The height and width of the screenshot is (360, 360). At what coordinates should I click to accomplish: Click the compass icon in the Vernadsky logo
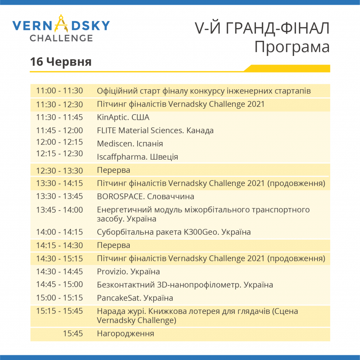(61, 24)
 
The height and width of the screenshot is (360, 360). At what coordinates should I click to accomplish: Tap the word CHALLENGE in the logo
(61, 38)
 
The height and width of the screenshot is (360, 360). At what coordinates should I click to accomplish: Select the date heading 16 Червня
(61, 62)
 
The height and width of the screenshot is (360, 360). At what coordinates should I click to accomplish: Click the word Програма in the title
(292, 47)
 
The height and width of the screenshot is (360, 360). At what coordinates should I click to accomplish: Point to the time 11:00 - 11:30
(59, 91)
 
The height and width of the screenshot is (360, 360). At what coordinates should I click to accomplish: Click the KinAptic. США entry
(123, 117)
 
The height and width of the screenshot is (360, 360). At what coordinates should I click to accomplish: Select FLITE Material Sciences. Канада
(155, 130)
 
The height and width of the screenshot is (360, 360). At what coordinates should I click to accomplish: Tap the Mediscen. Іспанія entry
(130, 144)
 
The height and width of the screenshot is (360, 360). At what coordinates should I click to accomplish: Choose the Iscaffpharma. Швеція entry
(137, 157)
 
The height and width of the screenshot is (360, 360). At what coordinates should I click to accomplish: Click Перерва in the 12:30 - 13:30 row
(114, 171)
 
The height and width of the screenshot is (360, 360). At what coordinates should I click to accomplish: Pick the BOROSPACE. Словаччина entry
(146, 197)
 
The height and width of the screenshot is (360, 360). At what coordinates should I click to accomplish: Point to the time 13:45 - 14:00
(59, 210)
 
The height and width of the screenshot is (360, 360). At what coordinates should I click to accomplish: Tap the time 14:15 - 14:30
(59, 245)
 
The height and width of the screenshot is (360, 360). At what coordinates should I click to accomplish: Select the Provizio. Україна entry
(128, 272)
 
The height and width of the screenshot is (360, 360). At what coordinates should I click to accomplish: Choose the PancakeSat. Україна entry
(135, 298)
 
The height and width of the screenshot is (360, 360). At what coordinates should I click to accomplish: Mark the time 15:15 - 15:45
(59, 311)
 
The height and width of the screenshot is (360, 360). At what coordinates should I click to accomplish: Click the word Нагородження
(126, 334)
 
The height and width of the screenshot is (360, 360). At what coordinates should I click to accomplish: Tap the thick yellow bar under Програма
(287, 69)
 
